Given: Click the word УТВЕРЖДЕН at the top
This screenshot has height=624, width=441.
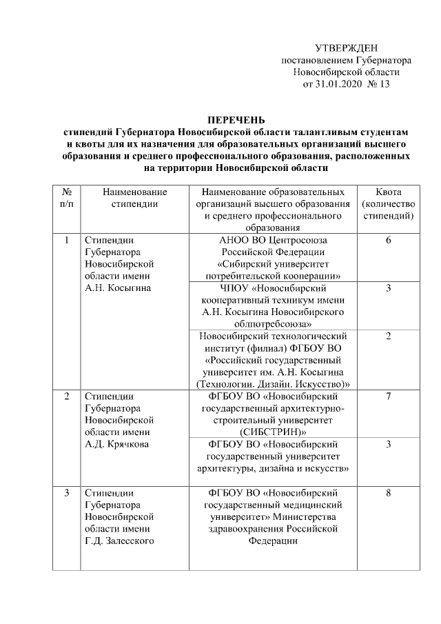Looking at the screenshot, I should (346, 48).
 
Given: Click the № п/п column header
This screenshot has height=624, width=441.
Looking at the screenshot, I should (67, 197).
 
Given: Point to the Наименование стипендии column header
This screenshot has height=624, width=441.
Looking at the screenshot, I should (135, 197).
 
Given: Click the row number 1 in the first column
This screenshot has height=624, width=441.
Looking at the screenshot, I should (67, 241).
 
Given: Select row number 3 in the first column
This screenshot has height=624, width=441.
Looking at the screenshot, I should (67, 493).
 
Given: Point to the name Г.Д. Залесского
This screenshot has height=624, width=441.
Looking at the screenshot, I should (118, 541).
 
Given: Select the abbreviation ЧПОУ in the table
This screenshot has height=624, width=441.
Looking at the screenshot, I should (218, 288).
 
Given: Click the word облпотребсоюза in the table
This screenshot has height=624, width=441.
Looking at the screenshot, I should (275, 323).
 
